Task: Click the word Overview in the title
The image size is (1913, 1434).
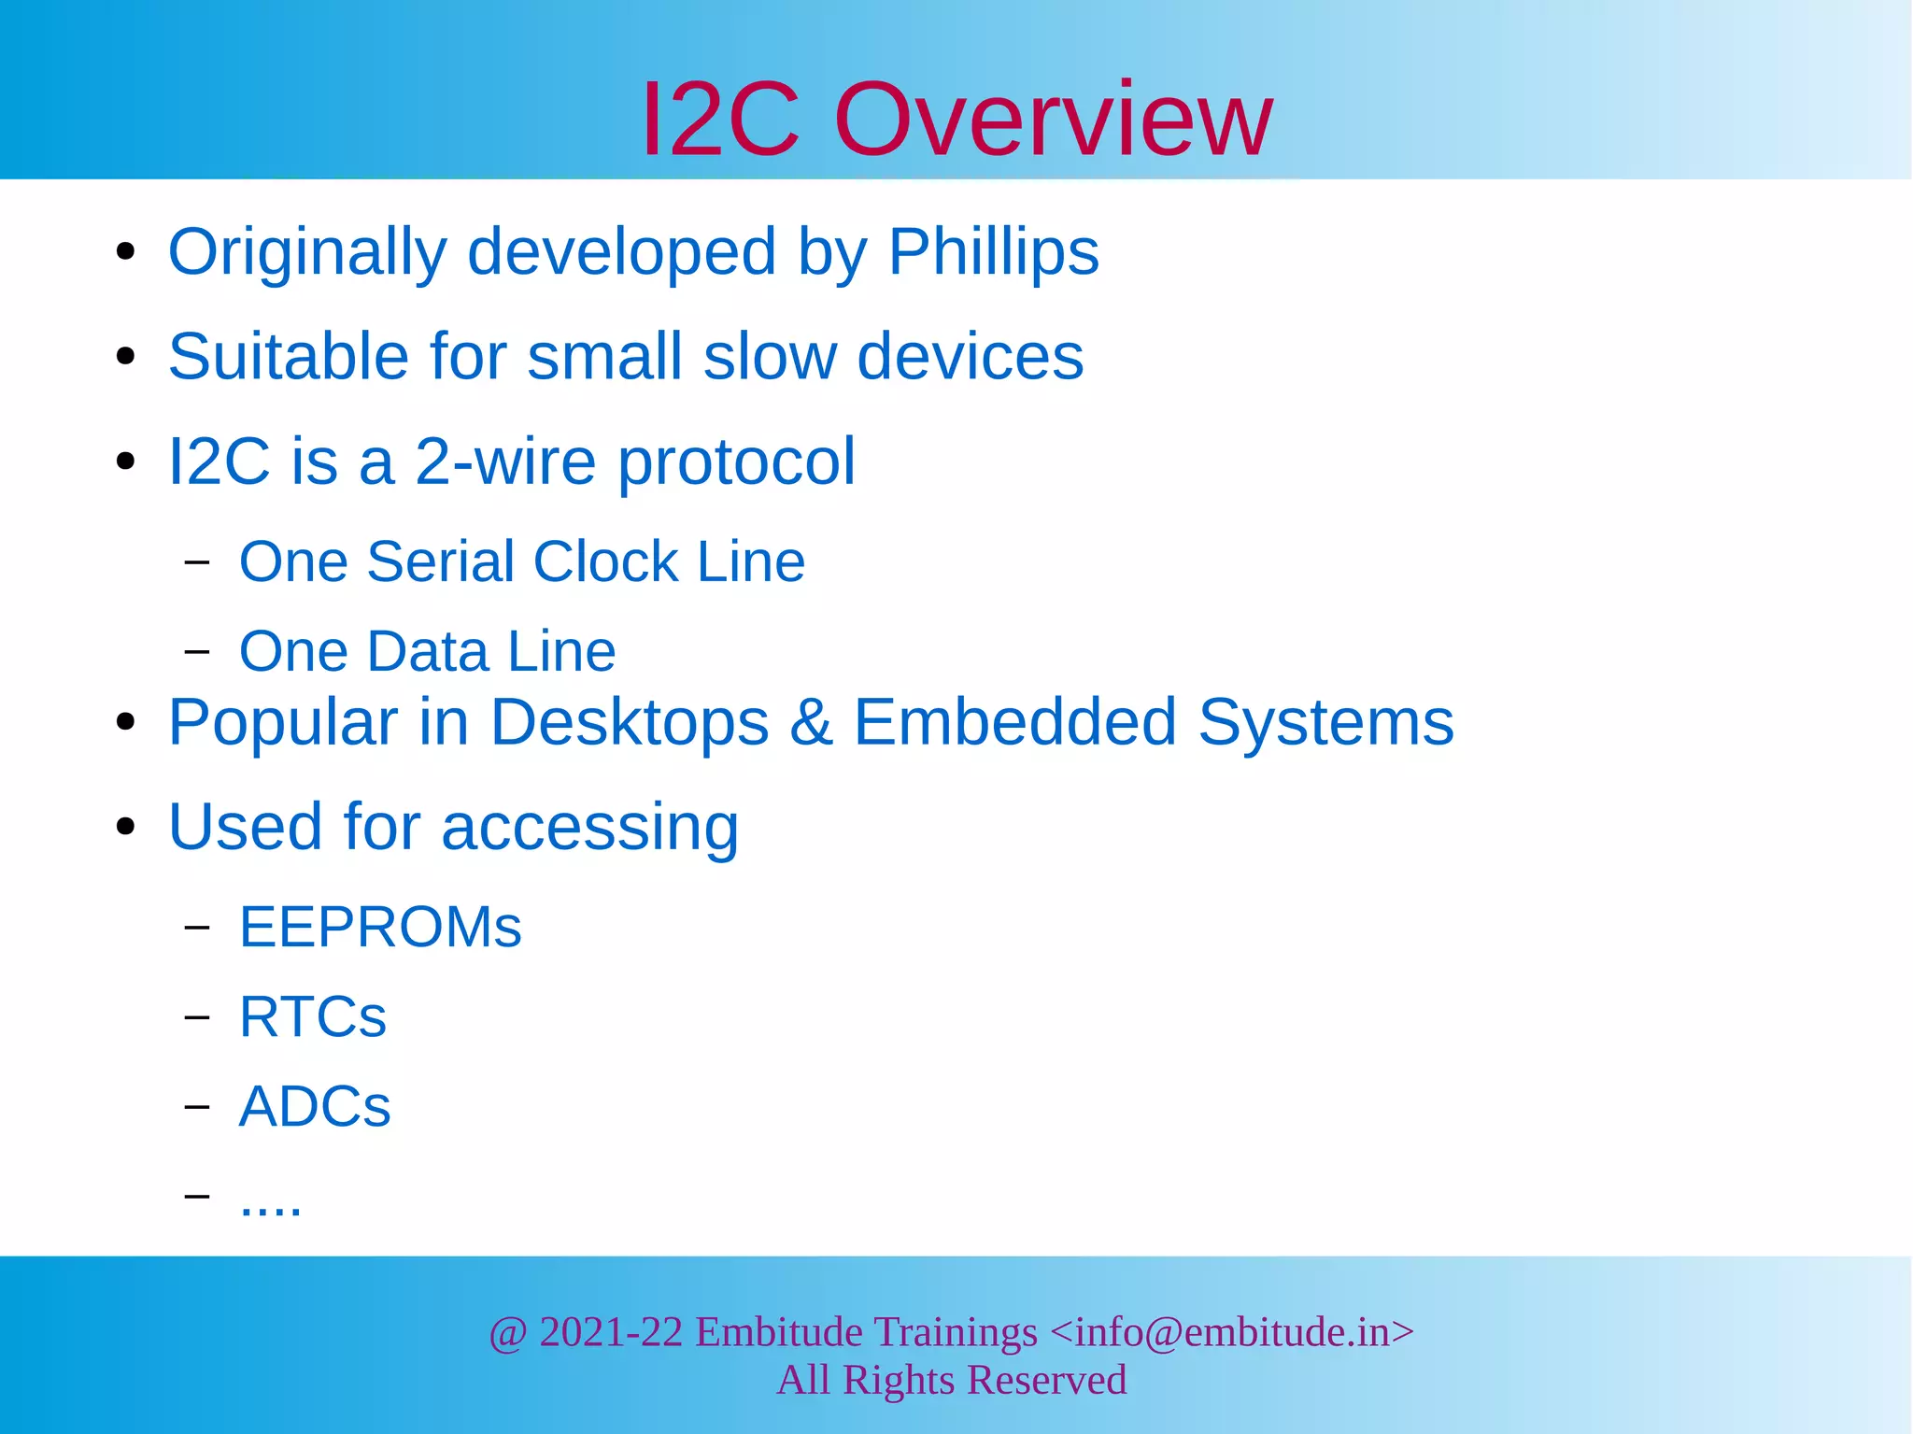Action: coord(1053,120)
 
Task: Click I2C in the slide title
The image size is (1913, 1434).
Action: coord(720,120)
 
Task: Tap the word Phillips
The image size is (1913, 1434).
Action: coord(993,252)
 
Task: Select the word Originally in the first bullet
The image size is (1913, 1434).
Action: coord(307,252)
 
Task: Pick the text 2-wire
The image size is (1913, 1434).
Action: coord(504,461)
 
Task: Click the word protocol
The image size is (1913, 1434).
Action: coord(736,463)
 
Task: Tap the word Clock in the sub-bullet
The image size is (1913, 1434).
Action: coord(605,561)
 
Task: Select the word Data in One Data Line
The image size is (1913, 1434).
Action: coord(427,651)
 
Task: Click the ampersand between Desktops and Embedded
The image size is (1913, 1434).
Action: coord(811,722)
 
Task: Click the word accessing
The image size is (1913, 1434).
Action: coord(589,828)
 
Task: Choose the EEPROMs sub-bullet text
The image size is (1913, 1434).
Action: coord(380,927)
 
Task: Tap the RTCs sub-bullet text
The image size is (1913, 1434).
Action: coord(313,1016)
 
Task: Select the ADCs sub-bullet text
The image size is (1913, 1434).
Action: coord(315,1107)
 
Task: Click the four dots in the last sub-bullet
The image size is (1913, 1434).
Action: coord(271,1209)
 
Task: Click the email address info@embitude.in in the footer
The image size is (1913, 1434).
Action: coord(1231,1332)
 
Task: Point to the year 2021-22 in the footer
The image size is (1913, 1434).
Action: coord(611,1332)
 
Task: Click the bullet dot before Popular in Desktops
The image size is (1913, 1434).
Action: coord(126,722)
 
